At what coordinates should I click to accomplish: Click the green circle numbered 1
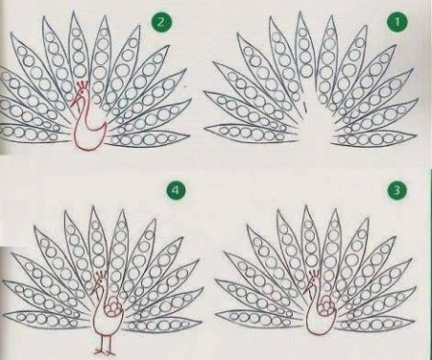(396, 22)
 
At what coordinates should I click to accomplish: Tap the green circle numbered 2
(161, 22)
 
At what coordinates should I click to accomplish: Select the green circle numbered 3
(396, 190)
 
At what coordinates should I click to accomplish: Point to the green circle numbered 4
(176, 190)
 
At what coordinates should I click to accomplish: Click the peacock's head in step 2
(83, 93)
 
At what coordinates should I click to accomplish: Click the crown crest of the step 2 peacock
(83, 84)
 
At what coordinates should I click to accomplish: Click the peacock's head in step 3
(313, 282)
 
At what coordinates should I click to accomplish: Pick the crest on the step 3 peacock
(314, 275)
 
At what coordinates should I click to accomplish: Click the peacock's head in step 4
(102, 282)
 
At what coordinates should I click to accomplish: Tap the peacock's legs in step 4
(105, 344)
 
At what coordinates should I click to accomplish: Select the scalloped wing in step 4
(115, 306)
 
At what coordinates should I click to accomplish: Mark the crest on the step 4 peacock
(102, 275)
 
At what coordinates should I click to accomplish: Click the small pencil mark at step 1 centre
(305, 107)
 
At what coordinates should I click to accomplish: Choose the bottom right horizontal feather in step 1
(374, 140)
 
